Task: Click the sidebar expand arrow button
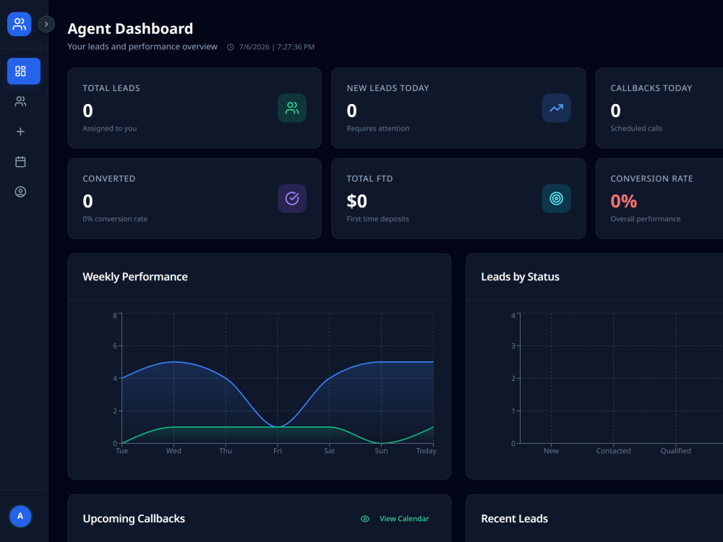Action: (x=46, y=24)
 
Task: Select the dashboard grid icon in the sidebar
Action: (x=20, y=71)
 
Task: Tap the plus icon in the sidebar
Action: (x=20, y=132)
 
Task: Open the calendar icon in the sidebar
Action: (x=20, y=162)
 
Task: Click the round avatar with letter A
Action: (x=20, y=516)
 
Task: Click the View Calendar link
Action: (x=404, y=518)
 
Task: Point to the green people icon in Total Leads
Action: (x=292, y=108)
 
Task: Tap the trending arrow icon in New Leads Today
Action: (x=556, y=108)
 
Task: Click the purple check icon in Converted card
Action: (x=292, y=199)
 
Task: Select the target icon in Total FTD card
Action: (x=556, y=199)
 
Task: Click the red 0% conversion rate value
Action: (x=623, y=201)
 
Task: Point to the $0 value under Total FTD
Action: (x=357, y=201)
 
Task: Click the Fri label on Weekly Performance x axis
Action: (x=277, y=451)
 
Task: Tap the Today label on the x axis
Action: (x=426, y=451)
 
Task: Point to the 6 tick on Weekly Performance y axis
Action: (x=115, y=345)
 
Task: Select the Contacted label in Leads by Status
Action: (x=613, y=451)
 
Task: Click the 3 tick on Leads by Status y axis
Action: (x=513, y=345)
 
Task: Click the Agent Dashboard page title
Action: (x=130, y=29)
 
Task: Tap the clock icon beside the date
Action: (x=231, y=47)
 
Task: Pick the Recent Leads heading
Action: (x=515, y=518)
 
